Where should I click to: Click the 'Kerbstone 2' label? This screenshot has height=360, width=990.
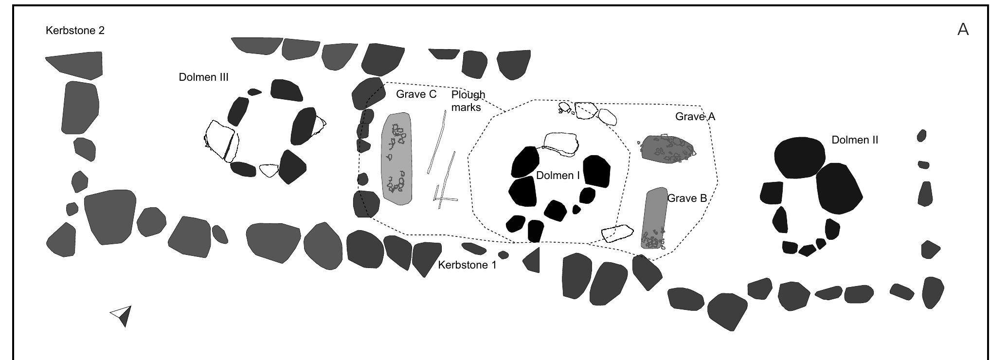tap(75, 31)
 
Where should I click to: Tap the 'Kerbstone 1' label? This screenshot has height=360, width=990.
tap(467, 265)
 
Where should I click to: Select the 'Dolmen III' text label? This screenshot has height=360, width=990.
tap(203, 77)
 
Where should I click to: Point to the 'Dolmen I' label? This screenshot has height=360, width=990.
tap(558, 176)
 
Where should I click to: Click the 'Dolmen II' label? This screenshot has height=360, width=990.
tap(855, 140)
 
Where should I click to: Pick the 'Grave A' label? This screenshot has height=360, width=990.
tap(695, 117)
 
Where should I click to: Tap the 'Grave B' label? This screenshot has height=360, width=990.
tap(687, 198)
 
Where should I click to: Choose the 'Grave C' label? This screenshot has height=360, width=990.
tap(416, 94)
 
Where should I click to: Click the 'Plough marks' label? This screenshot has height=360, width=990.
tap(468, 101)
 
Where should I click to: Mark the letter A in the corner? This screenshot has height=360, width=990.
tap(963, 30)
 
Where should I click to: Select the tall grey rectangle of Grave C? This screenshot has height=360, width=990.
tap(396, 159)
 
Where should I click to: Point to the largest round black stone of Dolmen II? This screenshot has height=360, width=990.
tap(799, 157)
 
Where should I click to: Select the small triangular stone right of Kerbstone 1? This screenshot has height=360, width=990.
tap(533, 260)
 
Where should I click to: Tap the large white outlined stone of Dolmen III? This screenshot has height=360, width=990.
tap(220, 141)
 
